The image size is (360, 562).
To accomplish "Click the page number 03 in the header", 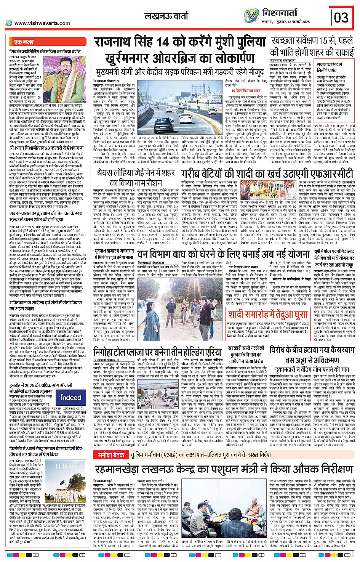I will tap(341, 18).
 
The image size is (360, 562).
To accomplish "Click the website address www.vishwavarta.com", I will tap(42, 23).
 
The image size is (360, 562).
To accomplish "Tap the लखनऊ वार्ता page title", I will tap(166, 16).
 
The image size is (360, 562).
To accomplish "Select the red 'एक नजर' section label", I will tap(24, 42).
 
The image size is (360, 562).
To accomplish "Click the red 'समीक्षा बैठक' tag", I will tap(111, 455).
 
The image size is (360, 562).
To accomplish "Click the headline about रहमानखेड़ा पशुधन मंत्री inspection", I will tap(225, 468).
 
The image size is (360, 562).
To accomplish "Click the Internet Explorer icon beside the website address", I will tap(9, 23).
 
